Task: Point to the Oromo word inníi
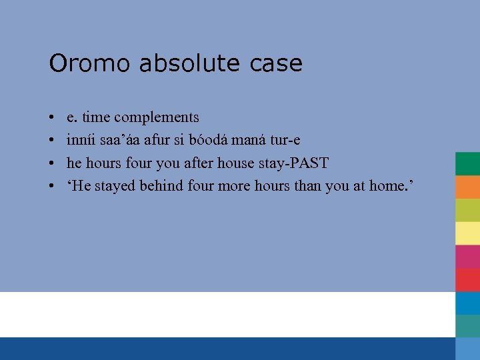coord(80,140)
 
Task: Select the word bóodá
coord(213,140)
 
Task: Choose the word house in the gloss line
coord(234,163)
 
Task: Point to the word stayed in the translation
coord(115,186)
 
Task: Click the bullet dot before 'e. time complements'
coord(52,118)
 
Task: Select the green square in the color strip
coord(467,163)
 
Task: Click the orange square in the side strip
coord(467,187)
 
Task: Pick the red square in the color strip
coord(467,279)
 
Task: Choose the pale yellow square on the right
coord(467,233)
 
